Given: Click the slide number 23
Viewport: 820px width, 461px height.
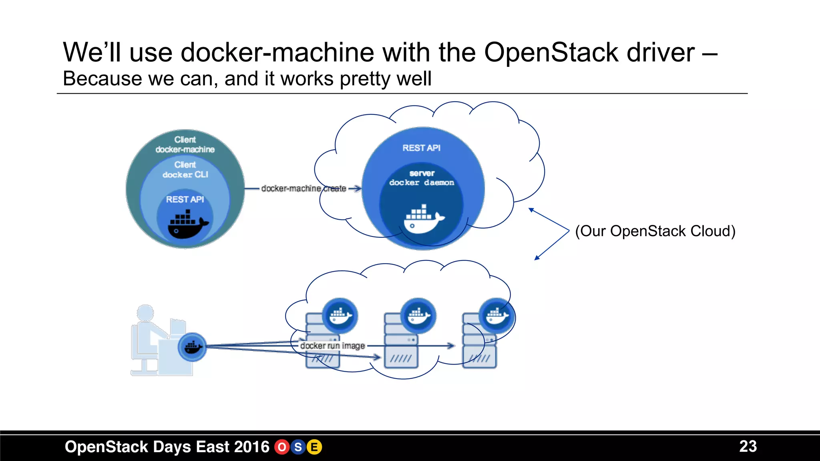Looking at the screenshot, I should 748,446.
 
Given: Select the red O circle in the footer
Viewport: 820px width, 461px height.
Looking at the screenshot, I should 282,447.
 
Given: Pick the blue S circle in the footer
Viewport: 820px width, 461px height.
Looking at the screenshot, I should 298,447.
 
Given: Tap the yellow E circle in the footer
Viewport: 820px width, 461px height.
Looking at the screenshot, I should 314,447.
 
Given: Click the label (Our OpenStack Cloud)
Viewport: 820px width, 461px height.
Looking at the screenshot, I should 655,231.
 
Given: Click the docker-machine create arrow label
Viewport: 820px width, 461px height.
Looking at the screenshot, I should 303,188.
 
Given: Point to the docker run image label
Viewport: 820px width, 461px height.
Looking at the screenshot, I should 332,346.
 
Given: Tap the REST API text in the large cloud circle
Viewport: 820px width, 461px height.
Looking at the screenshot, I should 421,148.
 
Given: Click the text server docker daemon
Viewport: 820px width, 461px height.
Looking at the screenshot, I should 422,178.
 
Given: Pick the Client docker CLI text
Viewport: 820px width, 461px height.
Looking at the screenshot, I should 185,170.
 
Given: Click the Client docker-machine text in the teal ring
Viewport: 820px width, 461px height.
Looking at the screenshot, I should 185,144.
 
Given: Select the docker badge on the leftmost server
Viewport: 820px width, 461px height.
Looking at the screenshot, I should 340,316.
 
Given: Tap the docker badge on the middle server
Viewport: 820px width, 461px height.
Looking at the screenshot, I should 418,316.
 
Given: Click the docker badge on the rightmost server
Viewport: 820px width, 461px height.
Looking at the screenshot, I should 497,316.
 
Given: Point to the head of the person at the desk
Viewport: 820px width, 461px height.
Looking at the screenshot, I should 145,313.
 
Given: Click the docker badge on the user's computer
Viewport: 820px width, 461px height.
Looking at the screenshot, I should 192,347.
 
